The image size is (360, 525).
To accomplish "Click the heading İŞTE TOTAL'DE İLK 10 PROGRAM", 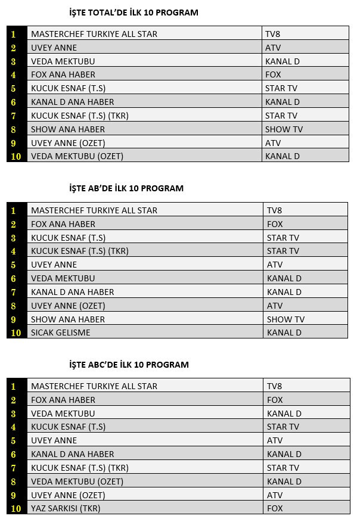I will [134, 12].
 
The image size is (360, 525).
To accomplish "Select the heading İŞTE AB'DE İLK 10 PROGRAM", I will [126, 188].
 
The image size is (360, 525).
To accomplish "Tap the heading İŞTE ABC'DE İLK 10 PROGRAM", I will [129, 364].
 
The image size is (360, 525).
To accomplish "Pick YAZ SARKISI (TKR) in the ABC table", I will [66, 508].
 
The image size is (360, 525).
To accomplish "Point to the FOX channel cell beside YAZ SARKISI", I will [275, 508].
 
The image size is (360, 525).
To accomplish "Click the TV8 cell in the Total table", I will [273, 34].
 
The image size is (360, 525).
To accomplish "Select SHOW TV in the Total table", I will [284, 129].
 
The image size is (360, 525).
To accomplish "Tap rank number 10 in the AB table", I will [16, 333].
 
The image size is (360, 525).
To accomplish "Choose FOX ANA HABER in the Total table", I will [63, 74].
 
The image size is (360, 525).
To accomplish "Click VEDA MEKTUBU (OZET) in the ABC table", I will [77, 481].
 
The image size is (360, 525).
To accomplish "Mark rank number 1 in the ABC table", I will [14, 386].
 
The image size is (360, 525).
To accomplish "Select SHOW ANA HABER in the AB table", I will [68, 319].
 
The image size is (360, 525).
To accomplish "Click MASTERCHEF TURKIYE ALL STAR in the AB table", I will [94, 210].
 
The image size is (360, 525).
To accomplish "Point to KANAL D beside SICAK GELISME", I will [284, 333].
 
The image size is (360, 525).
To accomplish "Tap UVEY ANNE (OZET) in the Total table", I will [68, 143].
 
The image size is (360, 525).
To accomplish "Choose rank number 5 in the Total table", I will [14, 88].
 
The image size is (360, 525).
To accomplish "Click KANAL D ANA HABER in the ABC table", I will [73, 454].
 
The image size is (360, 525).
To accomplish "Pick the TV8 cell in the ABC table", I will [274, 386].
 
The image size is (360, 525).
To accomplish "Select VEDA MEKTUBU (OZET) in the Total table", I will [77, 156].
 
